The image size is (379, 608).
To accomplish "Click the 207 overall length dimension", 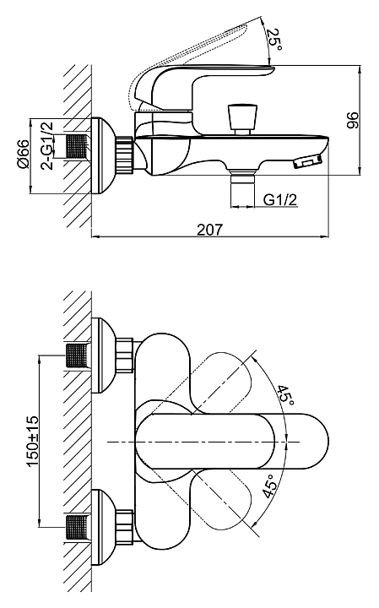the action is coord(210,229).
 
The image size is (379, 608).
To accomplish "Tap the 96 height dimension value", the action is coord(353,120).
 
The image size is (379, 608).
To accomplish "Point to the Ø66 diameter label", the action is coord(23,154).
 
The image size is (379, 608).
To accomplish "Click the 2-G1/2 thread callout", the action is coord(46,145).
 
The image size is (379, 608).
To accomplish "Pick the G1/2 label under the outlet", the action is coord(280,199).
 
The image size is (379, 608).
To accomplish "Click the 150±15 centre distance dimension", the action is coord(33,442).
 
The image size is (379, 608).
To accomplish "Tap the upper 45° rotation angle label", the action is coord(285,395).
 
